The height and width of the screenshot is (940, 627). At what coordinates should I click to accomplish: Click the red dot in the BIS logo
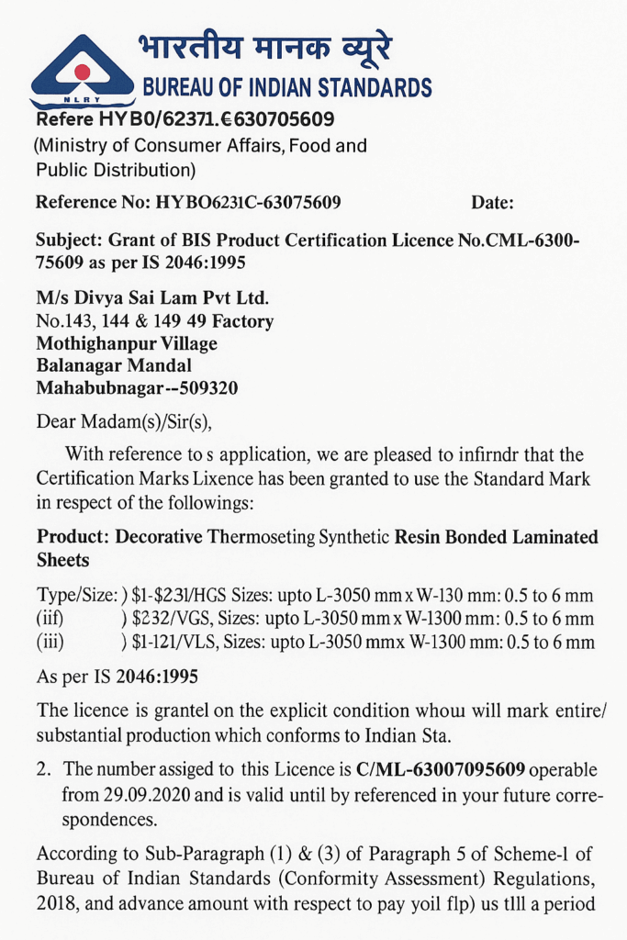point(82,71)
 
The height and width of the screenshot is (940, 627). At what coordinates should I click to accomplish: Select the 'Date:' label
point(492,203)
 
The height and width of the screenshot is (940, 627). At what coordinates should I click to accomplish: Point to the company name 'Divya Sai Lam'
point(135,299)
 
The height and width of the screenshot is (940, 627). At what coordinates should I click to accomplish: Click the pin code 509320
point(208,388)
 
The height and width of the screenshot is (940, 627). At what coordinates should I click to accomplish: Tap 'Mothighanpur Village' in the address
point(127,344)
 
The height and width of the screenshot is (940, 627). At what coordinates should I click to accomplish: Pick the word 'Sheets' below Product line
point(62,559)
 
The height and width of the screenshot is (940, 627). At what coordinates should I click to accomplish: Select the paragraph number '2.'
point(43,768)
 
